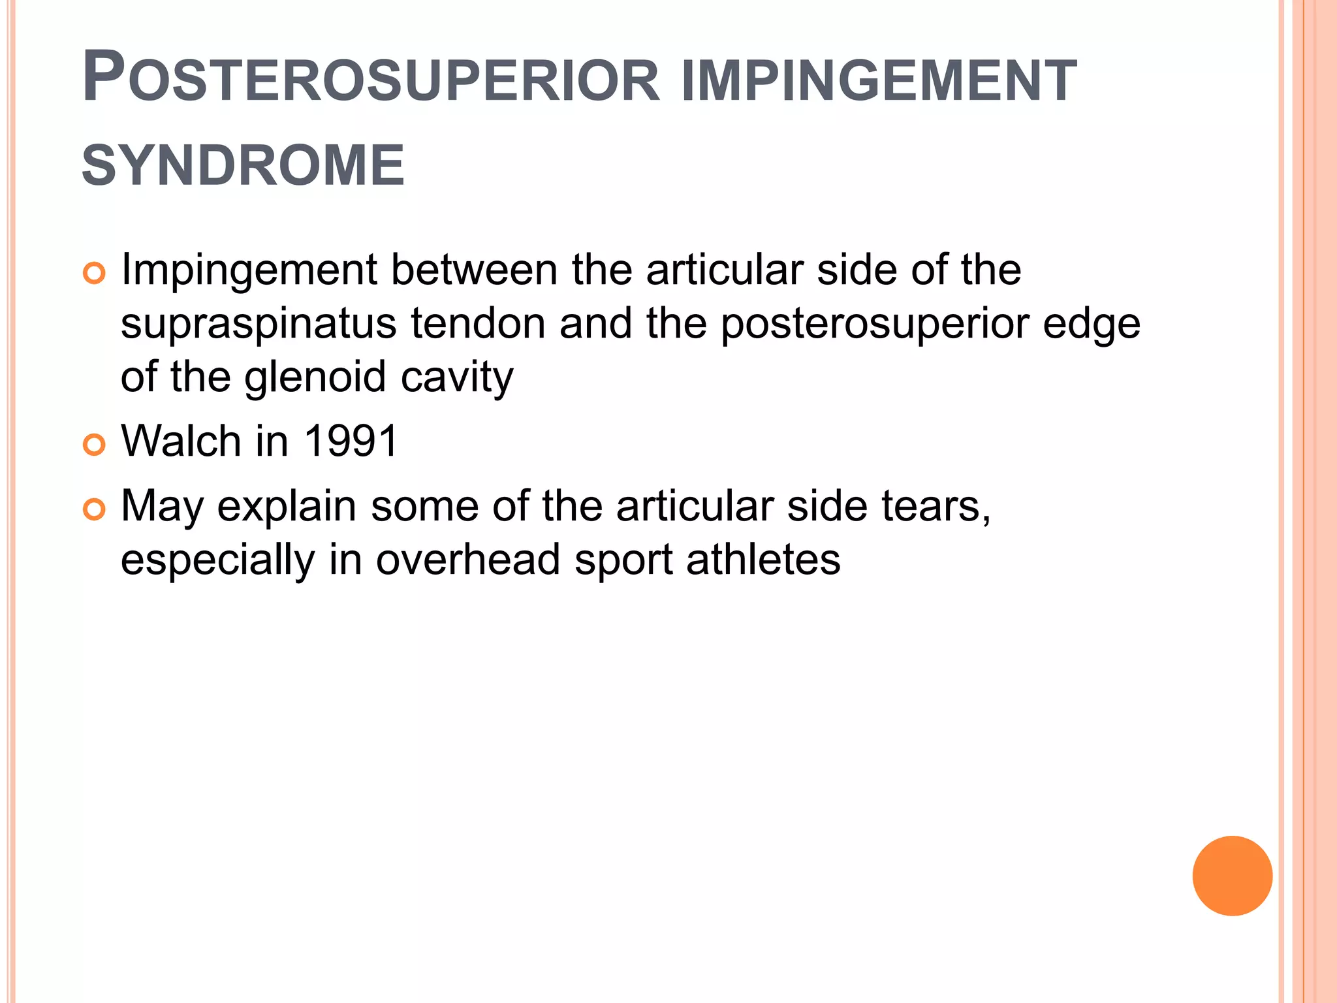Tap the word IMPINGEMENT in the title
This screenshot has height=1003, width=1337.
878,81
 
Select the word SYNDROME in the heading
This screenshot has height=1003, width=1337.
243,166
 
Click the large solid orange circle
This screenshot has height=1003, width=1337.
1232,876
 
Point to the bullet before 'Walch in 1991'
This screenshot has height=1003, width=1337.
94,445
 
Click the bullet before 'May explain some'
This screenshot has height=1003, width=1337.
94,509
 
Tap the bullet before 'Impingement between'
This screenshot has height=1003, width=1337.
94,273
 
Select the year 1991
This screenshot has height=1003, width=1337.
351,441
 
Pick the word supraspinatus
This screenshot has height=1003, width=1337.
259,325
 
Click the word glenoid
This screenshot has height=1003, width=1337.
315,377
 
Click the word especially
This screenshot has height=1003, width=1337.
217,561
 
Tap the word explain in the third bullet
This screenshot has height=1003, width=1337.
287,507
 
